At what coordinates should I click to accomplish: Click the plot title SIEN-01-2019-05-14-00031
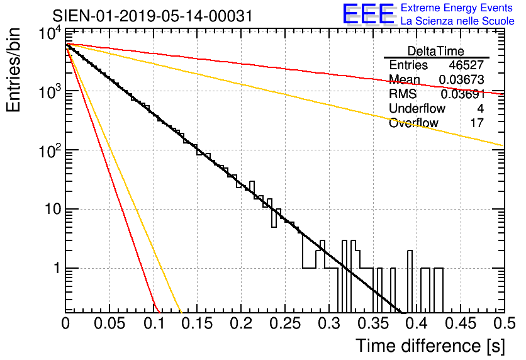coord(152,16)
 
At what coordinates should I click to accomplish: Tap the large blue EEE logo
coord(369,14)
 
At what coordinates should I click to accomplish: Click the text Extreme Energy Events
coord(457,8)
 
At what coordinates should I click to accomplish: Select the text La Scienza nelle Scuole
coord(457,21)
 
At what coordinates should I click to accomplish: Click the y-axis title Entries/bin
coord(13,70)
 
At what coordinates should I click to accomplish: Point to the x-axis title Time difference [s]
coord(430,346)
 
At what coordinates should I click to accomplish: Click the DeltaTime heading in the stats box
coord(435,51)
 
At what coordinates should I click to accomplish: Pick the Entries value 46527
coord(466,65)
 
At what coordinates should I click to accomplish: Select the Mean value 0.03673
coord(461,79)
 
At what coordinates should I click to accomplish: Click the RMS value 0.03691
coord(462,94)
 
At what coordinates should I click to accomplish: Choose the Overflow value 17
coord(477,123)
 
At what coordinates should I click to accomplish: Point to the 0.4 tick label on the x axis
coord(417,323)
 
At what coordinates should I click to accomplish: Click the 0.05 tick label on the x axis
coord(109,323)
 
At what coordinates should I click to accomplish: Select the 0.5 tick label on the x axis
coord(504,323)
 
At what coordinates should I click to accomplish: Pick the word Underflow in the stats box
coord(417,108)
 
